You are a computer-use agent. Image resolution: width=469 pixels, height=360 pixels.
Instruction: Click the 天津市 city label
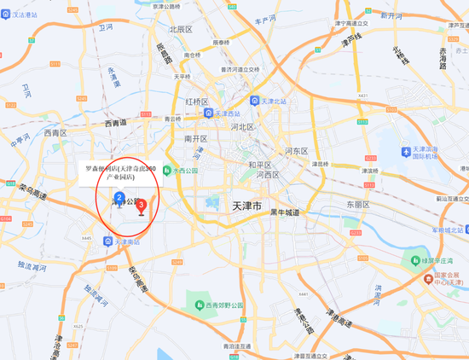pyautogui.click(x=251, y=206)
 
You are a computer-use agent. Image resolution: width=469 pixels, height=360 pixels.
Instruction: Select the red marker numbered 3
pyautogui.click(x=142, y=205)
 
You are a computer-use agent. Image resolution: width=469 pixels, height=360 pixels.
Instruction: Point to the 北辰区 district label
pyautogui.click(x=181, y=28)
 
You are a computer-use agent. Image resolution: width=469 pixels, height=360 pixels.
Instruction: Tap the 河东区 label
pyautogui.click(x=297, y=151)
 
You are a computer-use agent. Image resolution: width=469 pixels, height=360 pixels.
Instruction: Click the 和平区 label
pyautogui.click(x=260, y=165)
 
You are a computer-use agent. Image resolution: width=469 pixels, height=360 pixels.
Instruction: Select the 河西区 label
pyautogui.click(x=270, y=175)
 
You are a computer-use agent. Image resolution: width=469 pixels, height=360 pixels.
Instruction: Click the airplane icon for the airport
pyautogui.click(x=406, y=151)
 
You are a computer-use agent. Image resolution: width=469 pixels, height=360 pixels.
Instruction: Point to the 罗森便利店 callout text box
pyautogui.click(x=121, y=174)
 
